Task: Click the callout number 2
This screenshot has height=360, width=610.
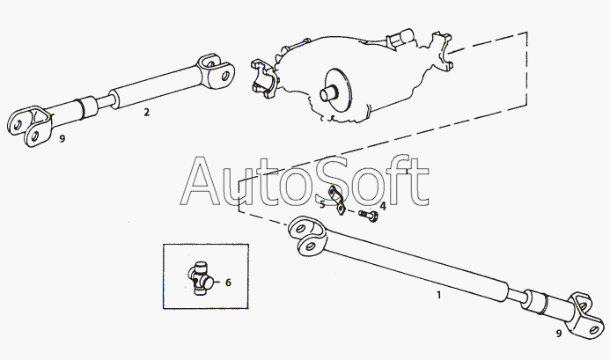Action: click(x=147, y=112)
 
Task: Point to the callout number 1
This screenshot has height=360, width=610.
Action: click(x=438, y=295)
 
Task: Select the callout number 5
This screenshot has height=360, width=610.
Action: click(x=322, y=203)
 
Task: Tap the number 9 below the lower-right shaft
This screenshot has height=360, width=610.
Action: click(x=558, y=334)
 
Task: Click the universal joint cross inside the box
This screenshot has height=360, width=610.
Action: click(x=200, y=281)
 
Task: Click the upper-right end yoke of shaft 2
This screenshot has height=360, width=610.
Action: click(x=214, y=70)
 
